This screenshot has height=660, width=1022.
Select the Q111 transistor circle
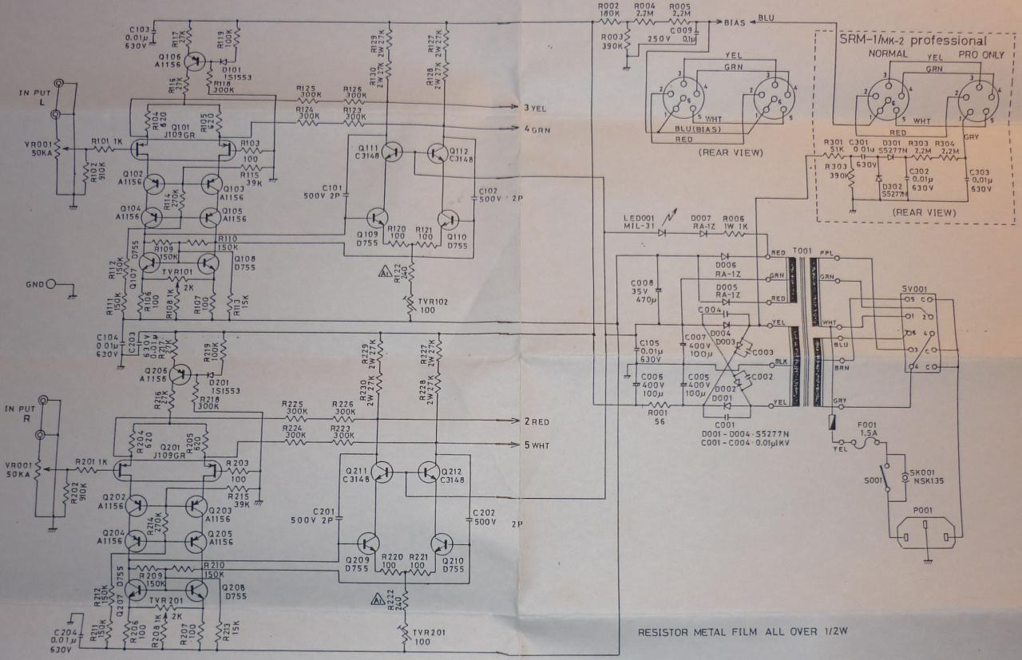391,152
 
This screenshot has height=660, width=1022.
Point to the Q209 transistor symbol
369,543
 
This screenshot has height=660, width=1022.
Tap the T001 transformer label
802,251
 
